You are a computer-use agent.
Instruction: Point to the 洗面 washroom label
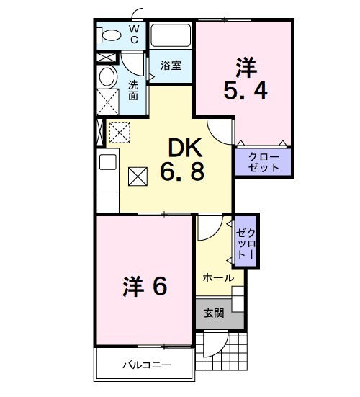[134, 90]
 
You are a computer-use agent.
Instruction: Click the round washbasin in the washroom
[108, 79]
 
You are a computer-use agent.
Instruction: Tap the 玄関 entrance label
[213, 313]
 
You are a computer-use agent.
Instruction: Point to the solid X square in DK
[138, 175]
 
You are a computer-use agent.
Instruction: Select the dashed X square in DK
[117, 132]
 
